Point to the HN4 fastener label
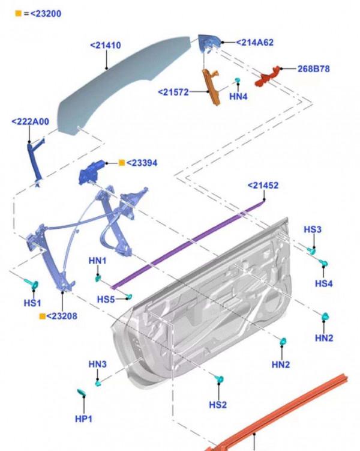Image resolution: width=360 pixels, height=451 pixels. coord(238,95)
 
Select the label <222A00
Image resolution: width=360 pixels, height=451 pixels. coord(30,122)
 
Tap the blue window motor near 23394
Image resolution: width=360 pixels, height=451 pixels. coord(94,171)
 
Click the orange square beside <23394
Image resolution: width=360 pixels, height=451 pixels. coord(121,163)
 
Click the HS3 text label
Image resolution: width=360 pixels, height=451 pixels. coord(312,229)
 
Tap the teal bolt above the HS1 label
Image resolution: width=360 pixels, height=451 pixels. coord(31,283)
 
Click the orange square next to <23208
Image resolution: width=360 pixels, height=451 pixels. coord(42,316)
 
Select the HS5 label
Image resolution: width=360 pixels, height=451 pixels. coord(106,299)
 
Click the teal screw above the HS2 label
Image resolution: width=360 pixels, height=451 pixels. coord(220,380)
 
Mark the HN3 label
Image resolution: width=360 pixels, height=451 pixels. coord(97,365)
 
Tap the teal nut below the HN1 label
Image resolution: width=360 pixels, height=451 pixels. coord(98,277)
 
